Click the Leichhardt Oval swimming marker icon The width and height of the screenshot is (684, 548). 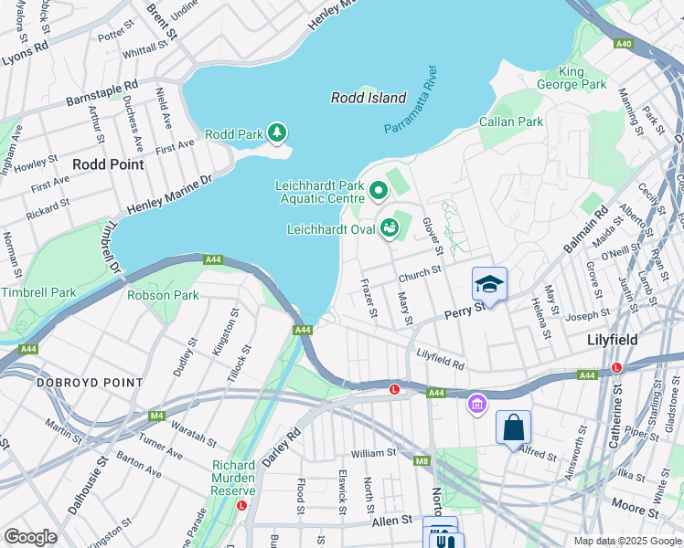(391, 227)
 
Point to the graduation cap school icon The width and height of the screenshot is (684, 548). (489, 284)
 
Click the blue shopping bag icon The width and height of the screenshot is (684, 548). (513, 427)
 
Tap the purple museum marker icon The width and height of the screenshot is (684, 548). (476, 403)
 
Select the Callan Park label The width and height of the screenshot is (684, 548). (511, 121)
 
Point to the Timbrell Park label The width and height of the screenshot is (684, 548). (38, 292)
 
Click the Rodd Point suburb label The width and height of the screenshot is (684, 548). (108, 164)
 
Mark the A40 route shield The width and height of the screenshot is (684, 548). (624, 43)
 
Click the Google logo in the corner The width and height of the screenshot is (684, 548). (30, 537)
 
